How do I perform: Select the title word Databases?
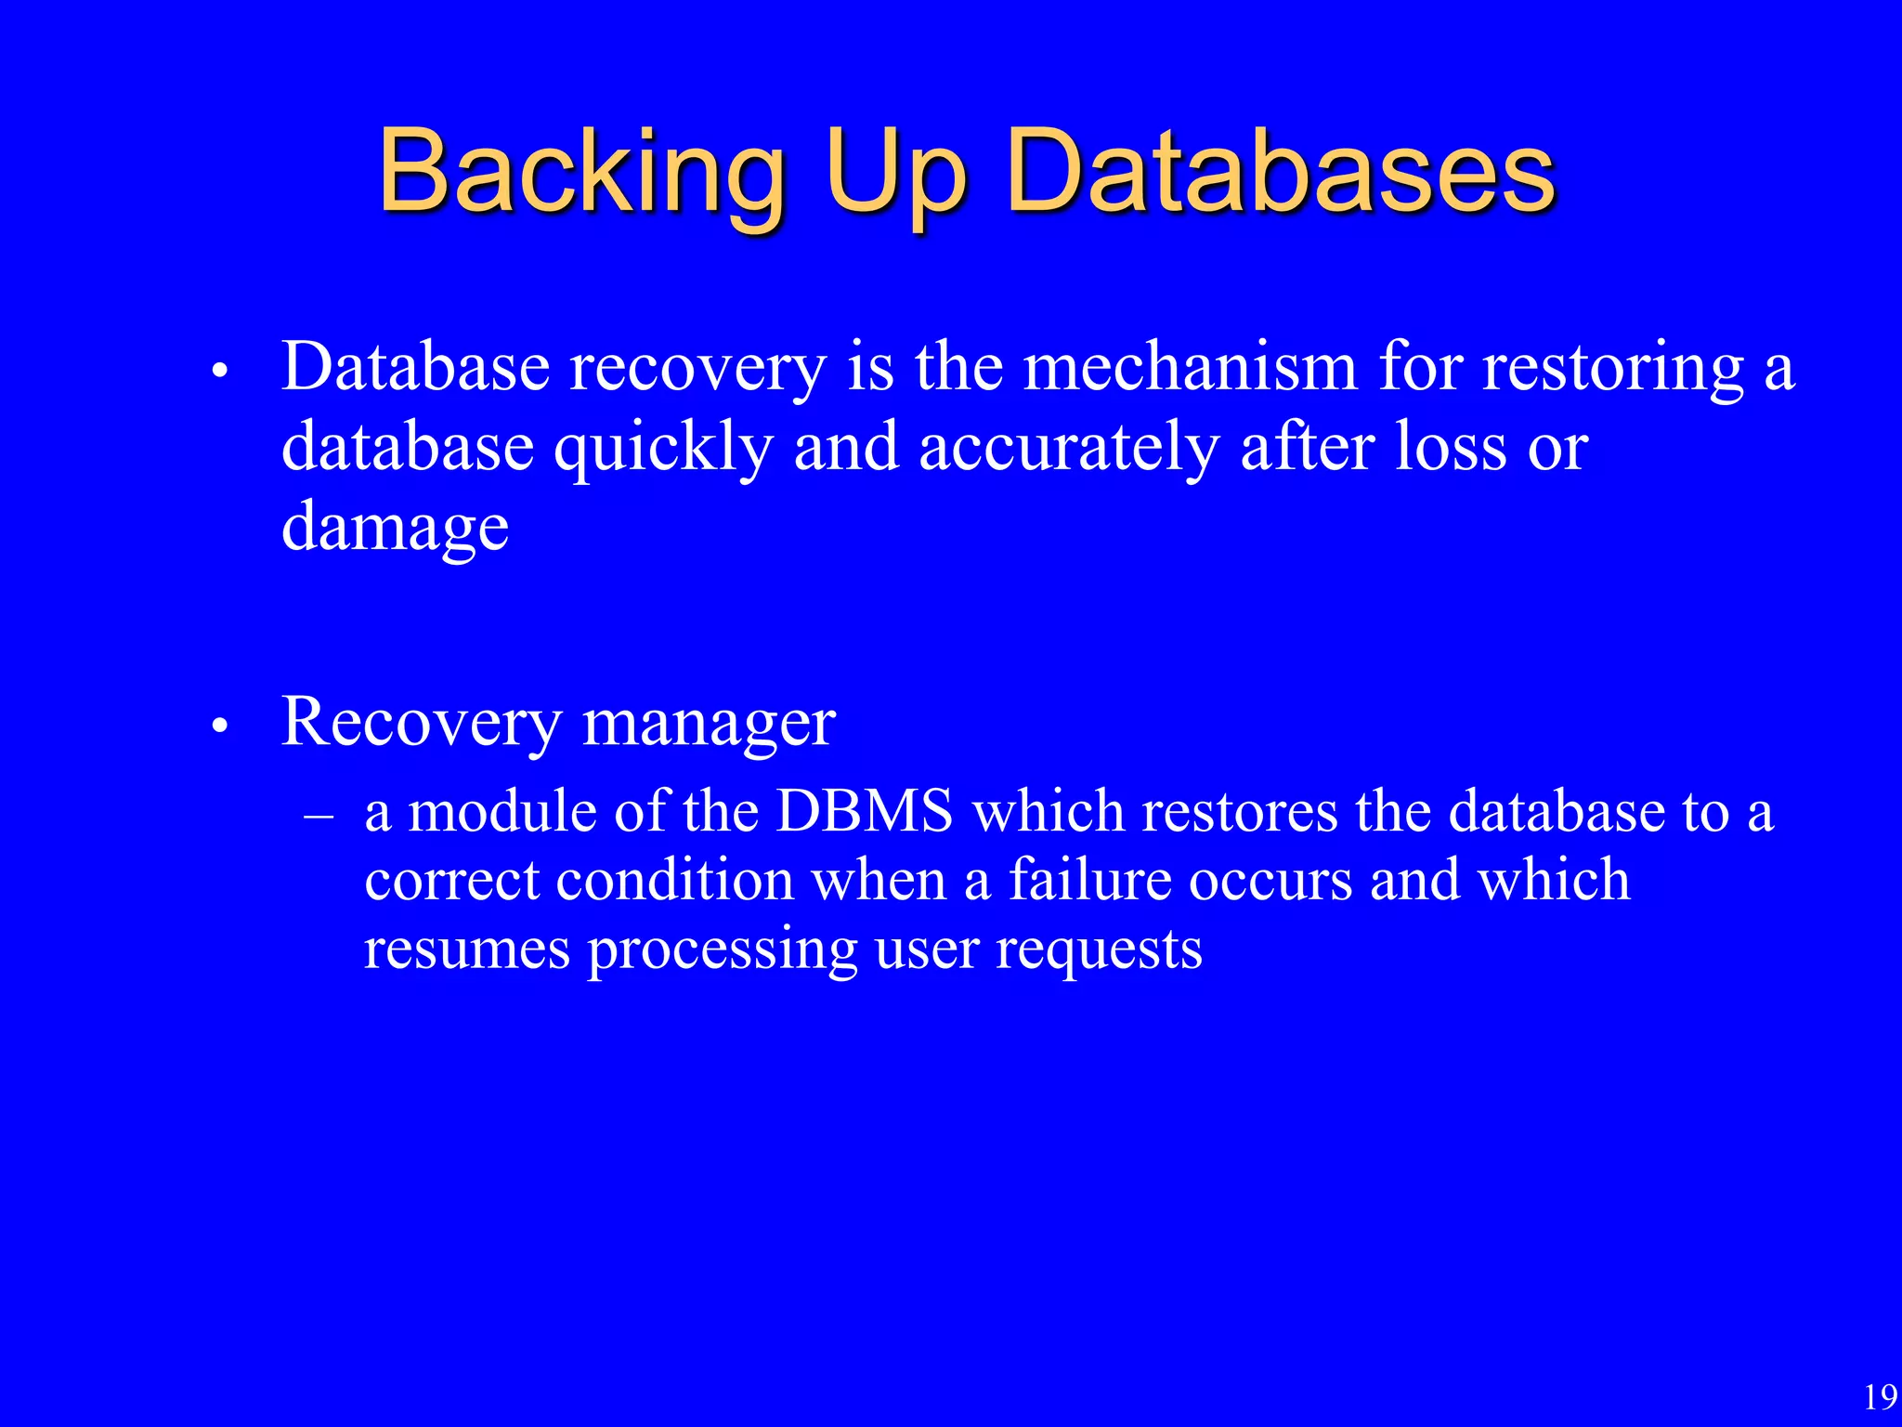[1281, 172]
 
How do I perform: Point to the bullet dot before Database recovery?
[219, 371]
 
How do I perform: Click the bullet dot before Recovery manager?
[219, 726]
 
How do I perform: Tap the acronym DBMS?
[865, 811]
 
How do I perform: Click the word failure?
[1089, 879]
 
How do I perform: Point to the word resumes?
[467, 949]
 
